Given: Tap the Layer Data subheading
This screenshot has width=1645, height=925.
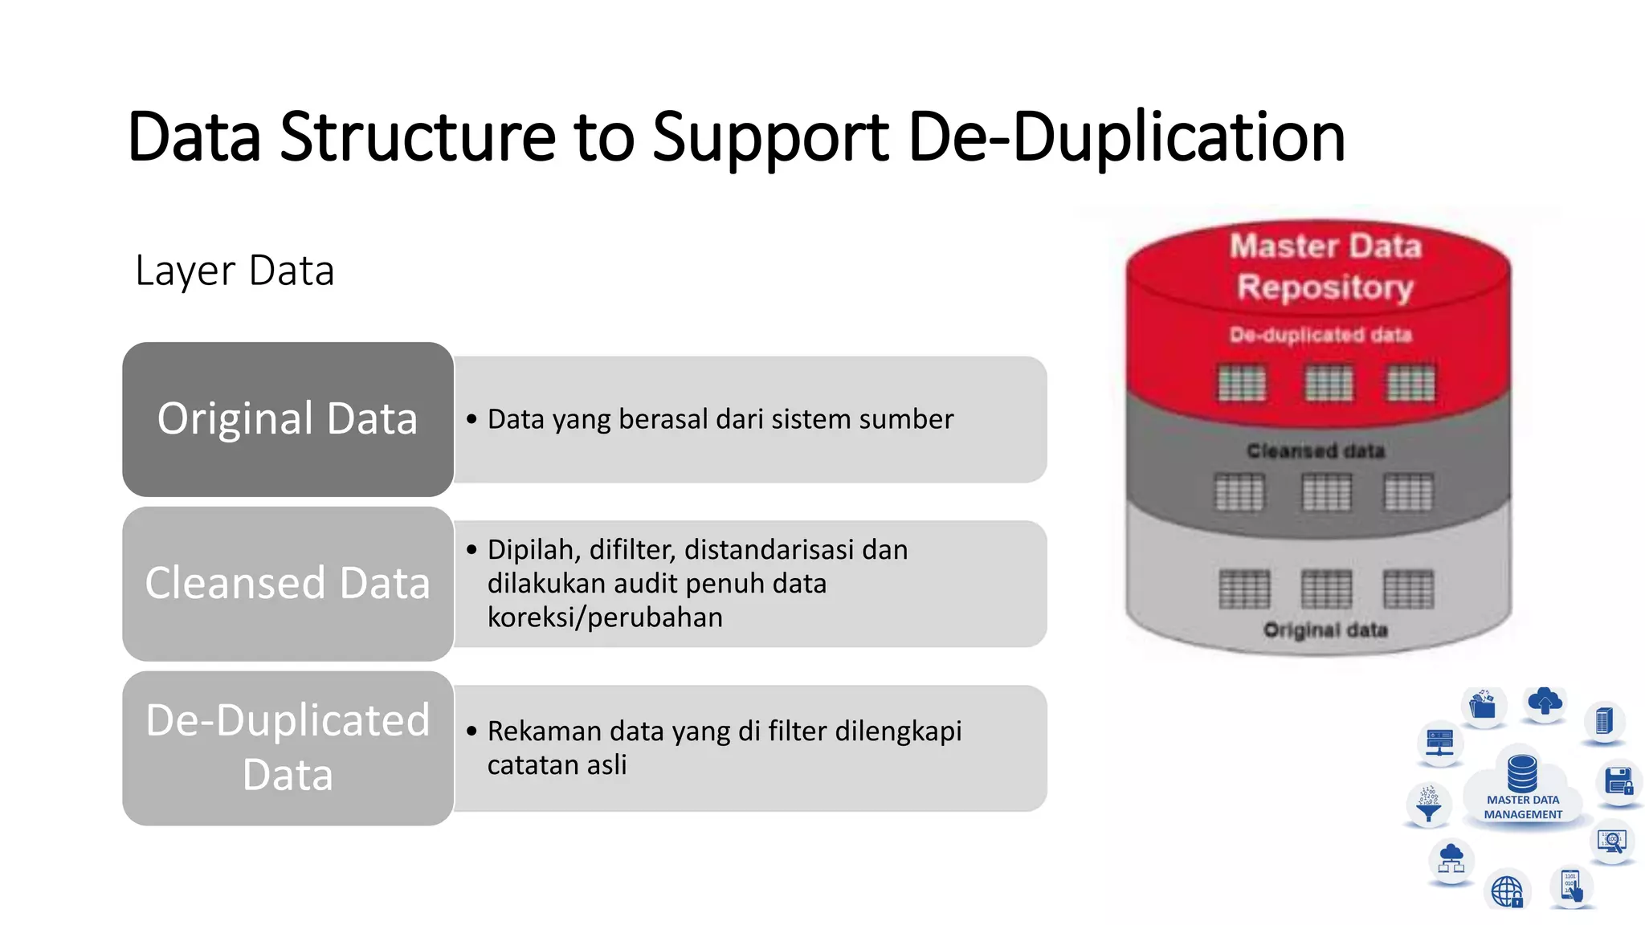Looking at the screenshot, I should (235, 271).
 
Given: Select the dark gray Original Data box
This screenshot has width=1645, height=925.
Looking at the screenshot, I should (288, 419).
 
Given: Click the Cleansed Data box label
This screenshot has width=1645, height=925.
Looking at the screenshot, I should (288, 583).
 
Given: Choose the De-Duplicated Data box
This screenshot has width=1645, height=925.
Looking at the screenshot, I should (288, 748).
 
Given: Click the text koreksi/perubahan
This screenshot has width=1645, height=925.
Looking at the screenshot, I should (605, 617).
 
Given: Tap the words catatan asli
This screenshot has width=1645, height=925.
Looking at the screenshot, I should (557, 765).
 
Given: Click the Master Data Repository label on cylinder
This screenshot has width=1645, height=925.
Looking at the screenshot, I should (1325, 267).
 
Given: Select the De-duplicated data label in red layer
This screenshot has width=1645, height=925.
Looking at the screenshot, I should (1320, 335).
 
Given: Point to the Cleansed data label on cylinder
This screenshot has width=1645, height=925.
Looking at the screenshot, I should (1316, 451).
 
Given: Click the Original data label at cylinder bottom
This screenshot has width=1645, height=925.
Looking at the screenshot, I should (1325, 630).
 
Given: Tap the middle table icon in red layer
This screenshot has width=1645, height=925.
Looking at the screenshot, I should (1329, 383).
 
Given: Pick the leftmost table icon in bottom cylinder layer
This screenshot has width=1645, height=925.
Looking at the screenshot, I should (1244, 589).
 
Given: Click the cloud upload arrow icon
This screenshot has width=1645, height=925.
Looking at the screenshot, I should (1544, 703).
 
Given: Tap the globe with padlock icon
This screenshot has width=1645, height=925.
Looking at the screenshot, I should (1507, 891).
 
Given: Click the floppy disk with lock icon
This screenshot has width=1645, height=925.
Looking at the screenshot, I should (1618, 781).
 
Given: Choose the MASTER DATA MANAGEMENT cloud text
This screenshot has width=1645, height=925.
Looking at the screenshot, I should (1523, 807).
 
